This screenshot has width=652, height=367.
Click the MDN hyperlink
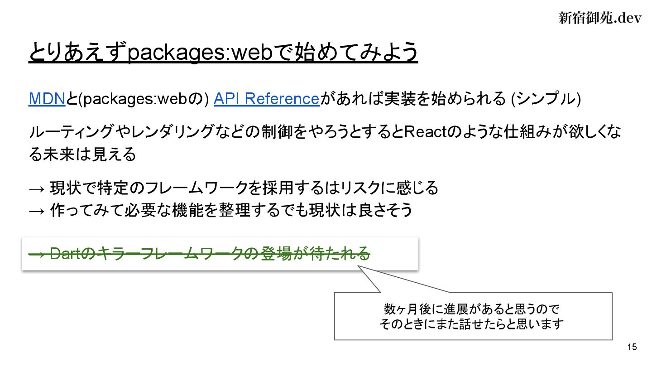[x=47, y=98]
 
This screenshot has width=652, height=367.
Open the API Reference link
[x=267, y=98]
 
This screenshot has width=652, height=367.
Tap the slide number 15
[x=632, y=348]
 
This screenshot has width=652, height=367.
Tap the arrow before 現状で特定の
[x=37, y=188]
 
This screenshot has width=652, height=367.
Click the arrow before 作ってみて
[x=37, y=210]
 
